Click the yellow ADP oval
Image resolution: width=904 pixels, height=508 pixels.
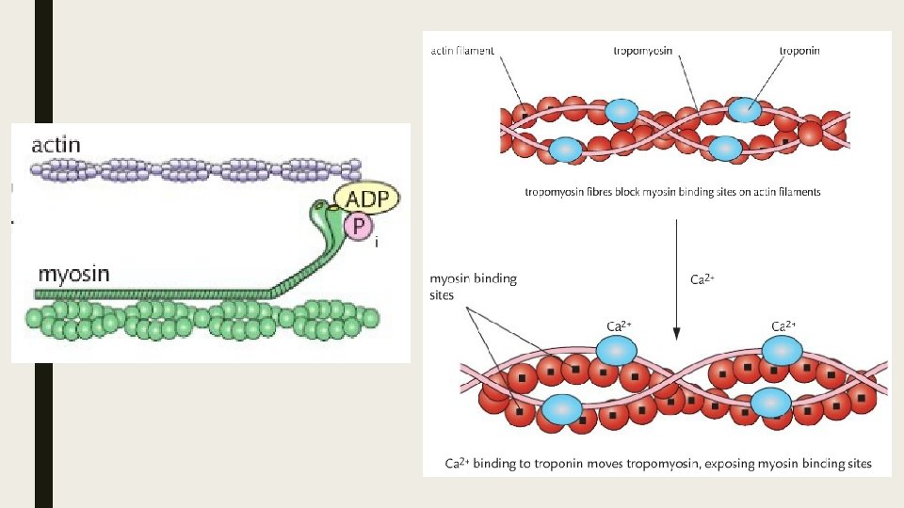(366, 199)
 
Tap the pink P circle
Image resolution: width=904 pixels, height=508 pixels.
(359, 227)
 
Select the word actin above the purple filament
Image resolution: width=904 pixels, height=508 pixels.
(56, 146)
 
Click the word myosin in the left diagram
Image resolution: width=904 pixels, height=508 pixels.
(73, 275)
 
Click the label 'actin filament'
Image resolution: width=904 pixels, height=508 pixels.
(461, 51)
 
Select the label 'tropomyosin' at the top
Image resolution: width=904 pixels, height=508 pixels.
(643, 51)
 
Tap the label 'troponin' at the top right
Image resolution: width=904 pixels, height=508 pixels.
(799, 51)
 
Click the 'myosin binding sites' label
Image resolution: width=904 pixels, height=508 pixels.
(473, 286)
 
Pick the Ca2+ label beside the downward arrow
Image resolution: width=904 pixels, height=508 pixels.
(703, 279)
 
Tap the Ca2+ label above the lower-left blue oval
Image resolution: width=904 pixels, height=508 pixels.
(619, 325)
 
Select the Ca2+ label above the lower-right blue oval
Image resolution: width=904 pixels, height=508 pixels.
(783, 325)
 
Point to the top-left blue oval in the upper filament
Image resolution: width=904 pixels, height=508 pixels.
(621, 112)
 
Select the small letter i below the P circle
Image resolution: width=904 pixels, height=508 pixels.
(377, 243)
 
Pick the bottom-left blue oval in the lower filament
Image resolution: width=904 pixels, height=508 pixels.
(563, 409)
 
